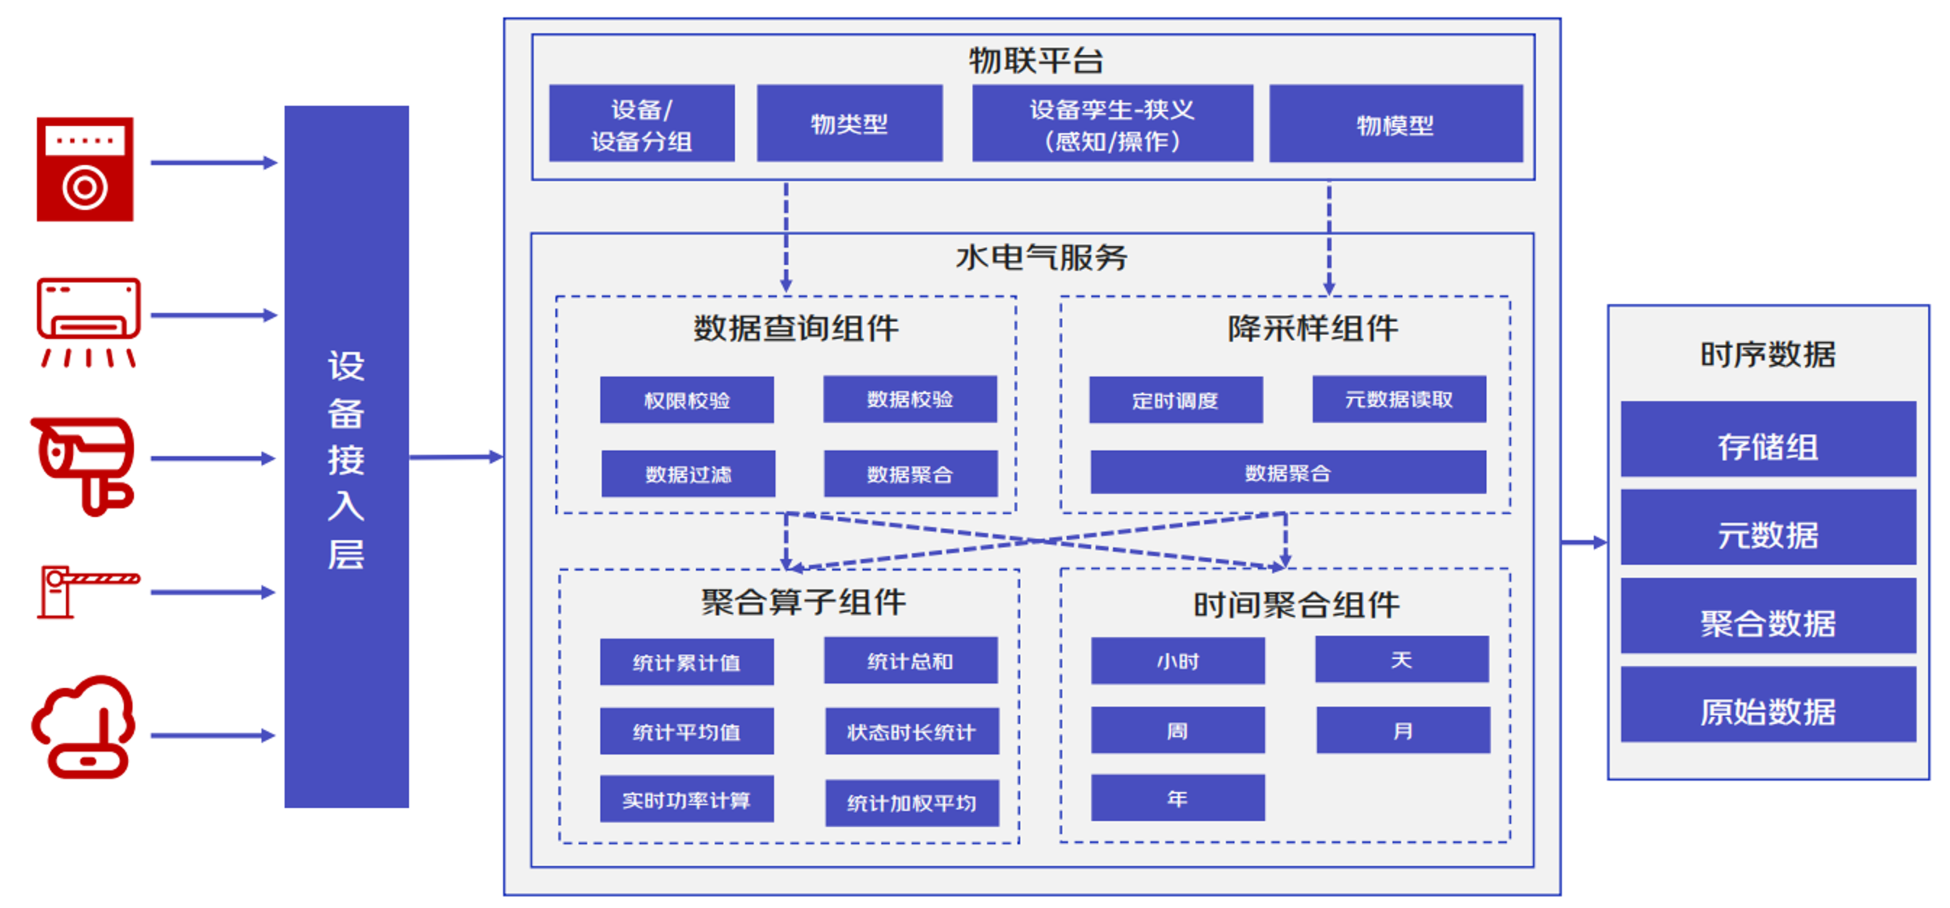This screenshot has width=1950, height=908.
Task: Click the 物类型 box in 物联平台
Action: coord(849,123)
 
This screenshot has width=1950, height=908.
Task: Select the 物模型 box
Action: coord(1395,124)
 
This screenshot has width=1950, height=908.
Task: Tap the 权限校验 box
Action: coord(686,400)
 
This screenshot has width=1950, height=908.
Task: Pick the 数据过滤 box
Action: coord(687,474)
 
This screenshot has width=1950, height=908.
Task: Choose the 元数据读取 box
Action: coord(1398,399)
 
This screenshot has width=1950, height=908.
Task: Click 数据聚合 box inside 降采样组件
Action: coord(1287,472)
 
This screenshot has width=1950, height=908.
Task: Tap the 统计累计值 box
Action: coord(686,662)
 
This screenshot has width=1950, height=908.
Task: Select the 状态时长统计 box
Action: coord(911,731)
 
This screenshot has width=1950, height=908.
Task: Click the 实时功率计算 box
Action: coord(686,799)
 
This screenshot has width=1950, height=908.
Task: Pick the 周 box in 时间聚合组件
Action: coord(1177,730)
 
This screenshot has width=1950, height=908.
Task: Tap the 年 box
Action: coord(1177,797)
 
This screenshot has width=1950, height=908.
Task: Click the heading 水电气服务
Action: coord(1041,258)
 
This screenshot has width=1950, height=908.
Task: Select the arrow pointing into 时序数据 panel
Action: coord(1583,542)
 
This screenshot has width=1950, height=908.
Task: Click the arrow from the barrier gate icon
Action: coord(212,592)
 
